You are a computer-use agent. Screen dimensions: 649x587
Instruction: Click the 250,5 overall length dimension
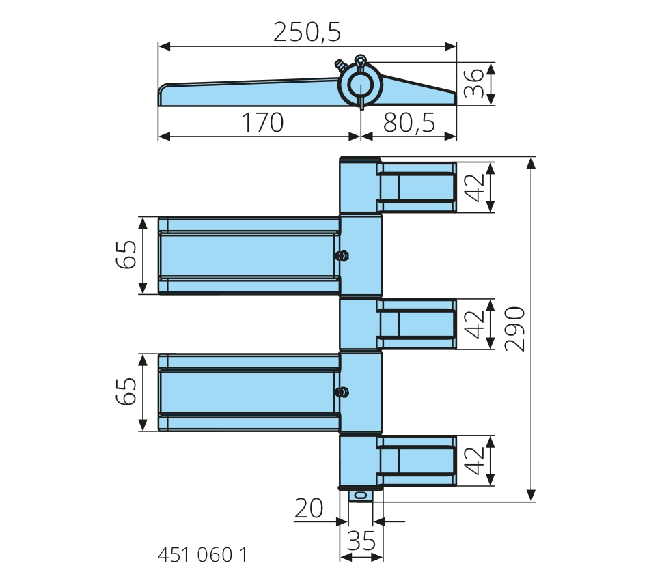(x=307, y=32)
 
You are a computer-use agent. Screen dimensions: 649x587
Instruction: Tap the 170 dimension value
(x=262, y=122)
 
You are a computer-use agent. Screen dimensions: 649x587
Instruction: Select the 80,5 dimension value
(x=409, y=122)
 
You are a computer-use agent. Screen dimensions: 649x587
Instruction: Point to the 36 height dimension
(x=473, y=83)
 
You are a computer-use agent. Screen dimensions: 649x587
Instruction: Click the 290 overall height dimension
(x=514, y=329)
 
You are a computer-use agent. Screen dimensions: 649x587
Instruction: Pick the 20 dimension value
(x=308, y=508)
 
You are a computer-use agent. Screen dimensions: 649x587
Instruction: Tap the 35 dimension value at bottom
(x=361, y=541)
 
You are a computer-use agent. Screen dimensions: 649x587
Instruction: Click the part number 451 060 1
(x=202, y=555)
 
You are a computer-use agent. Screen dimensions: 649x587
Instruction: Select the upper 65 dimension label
(x=126, y=255)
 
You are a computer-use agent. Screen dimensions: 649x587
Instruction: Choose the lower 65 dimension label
(x=126, y=391)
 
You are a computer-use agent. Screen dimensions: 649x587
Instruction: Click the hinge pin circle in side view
(x=360, y=85)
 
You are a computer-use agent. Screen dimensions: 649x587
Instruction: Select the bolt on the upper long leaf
(x=342, y=256)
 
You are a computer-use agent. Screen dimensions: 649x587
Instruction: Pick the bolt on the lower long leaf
(x=342, y=392)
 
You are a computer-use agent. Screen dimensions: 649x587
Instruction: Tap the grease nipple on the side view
(x=341, y=65)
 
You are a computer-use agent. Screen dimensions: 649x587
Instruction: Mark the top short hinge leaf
(x=416, y=188)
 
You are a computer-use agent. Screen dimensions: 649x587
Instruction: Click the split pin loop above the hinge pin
(x=360, y=59)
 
